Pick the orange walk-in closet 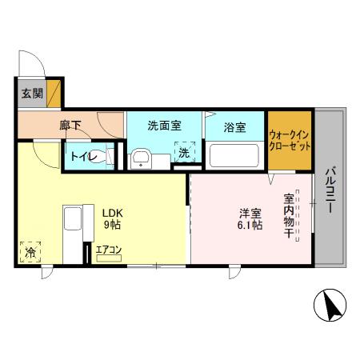[x=289, y=142]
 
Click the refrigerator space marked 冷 [x=30, y=253]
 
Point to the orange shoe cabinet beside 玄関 [x=54, y=92]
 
